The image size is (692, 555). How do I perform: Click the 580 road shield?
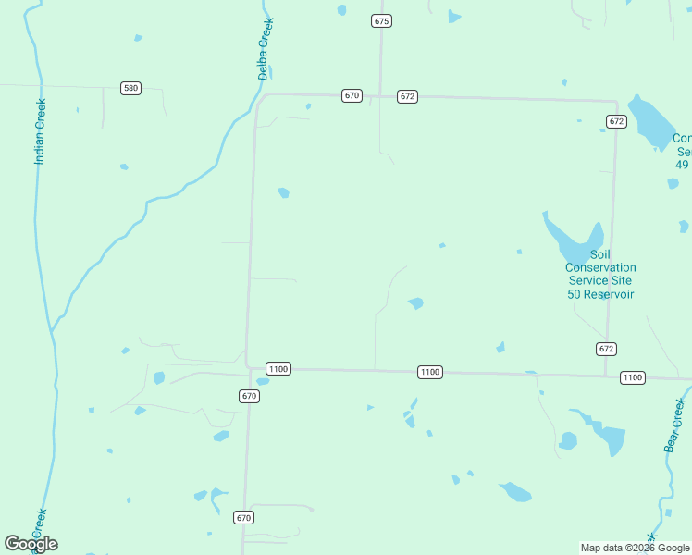[130, 88]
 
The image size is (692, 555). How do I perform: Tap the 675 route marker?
[381, 20]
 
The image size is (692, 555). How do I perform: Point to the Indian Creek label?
[40, 132]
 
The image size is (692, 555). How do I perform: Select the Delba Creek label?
[265, 48]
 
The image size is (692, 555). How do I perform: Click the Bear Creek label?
[674, 425]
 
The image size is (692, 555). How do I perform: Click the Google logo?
[31, 544]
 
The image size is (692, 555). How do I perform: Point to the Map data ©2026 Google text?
[635, 548]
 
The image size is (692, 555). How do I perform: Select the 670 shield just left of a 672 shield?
[352, 95]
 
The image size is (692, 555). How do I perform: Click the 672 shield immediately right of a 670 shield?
[408, 96]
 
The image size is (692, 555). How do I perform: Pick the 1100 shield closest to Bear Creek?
[633, 377]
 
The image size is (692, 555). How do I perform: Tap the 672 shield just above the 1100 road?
[606, 349]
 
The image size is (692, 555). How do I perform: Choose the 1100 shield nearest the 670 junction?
[278, 368]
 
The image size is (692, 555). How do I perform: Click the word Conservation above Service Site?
[600, 268]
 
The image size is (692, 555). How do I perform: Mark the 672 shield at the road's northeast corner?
[616, 121]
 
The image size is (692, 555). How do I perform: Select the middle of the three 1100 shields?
[429, 372]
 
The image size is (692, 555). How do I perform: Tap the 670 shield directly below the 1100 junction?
[249, 396]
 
